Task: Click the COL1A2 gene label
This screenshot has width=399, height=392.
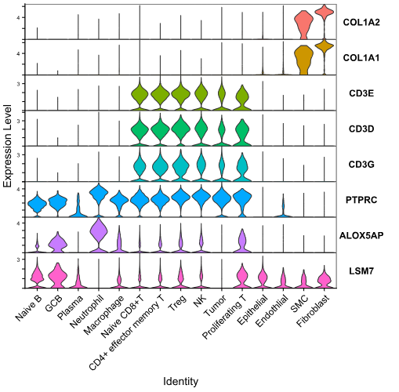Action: [x=361, y=22]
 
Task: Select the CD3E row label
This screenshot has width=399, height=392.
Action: [x=361, y=93]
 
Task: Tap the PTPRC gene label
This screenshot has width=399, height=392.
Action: [x=361, y=200]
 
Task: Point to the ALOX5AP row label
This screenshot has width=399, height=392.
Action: [x=361, y=235]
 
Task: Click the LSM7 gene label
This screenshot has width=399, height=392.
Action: [x=361, y=271]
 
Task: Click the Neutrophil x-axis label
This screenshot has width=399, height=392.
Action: [x=88, y=310]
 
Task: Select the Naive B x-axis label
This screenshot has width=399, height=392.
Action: [x=29, y=307]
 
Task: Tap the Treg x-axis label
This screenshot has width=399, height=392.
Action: [x=178, y=302]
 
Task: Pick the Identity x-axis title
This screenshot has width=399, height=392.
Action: [x=180, y=381]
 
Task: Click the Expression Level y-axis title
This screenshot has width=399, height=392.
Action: [x=8, y=146]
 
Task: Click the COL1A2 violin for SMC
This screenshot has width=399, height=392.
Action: [x=303, y=25]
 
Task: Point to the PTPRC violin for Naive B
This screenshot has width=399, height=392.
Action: [x=37, y=203]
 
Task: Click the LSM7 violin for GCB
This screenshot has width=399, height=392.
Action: [x=58, y=276]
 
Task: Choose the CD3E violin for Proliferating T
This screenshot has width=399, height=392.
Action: [x=242, y=97]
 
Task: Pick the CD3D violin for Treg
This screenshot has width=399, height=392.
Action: [x=180, y=129]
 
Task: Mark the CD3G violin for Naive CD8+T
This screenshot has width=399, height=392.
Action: [x=140, y=165]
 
